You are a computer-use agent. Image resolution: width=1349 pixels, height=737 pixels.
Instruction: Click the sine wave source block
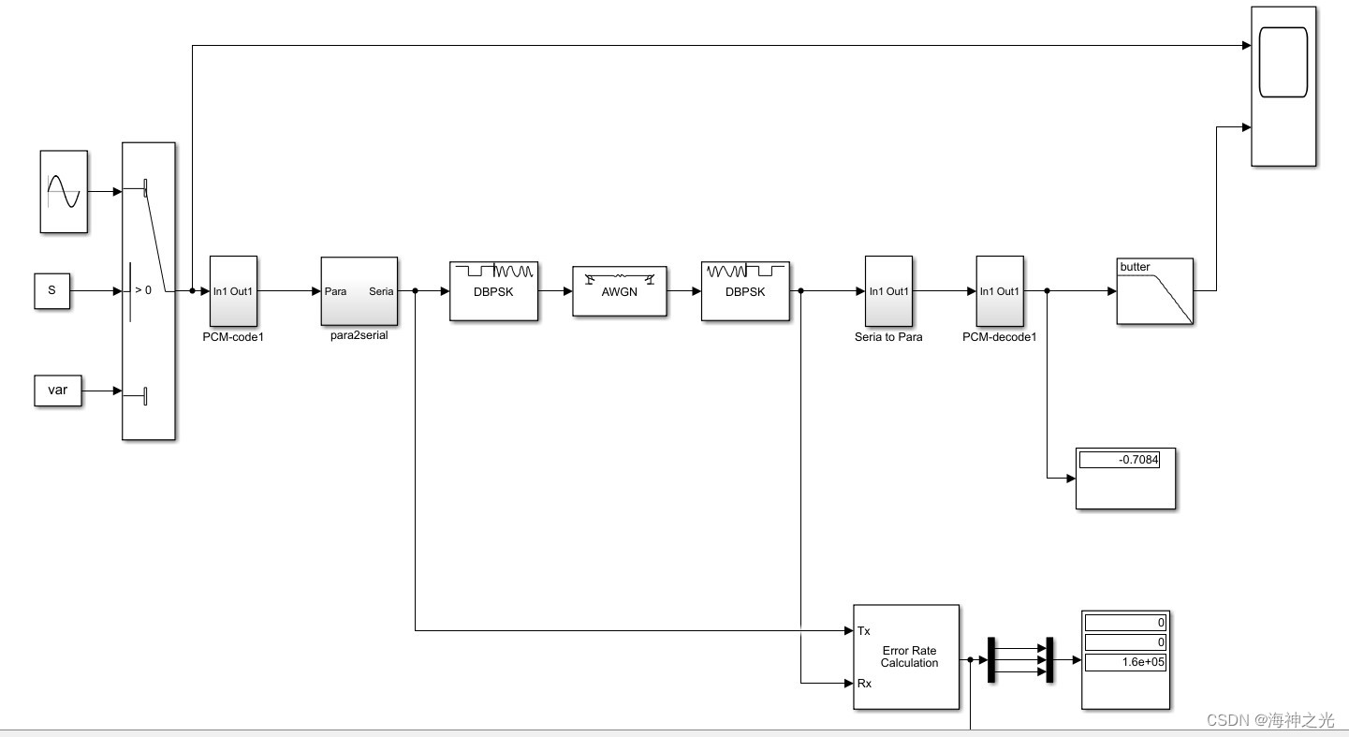(64, 191)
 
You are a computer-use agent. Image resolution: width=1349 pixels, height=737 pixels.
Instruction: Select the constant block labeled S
(52, 290)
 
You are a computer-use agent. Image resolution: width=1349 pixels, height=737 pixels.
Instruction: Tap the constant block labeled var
(58, 391)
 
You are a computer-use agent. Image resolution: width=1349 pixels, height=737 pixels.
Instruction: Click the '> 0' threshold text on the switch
(142, 290)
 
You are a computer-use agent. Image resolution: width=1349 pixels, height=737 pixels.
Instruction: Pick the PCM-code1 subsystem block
(233, 290)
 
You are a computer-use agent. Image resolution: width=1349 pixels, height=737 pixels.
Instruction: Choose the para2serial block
(359, 291)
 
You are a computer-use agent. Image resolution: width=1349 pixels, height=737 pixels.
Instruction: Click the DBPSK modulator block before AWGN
(493, 291)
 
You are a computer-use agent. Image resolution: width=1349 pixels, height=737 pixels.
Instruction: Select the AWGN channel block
(619, 291)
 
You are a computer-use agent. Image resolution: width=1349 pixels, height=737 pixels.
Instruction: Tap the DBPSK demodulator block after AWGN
(745, 291)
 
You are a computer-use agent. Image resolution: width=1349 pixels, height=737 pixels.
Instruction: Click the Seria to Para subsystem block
(888, 290)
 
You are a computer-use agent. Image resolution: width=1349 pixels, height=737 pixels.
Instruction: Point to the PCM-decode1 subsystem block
(1000, 290)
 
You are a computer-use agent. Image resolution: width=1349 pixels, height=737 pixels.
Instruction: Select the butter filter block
(1154, 291)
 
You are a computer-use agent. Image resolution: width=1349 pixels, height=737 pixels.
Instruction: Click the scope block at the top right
(1283, 86)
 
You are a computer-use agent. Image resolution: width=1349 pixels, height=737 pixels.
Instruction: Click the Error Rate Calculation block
(906, 656)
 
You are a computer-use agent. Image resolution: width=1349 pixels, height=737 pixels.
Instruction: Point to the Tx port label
(863, 631)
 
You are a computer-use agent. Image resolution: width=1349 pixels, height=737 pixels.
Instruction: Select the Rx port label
(863, 684)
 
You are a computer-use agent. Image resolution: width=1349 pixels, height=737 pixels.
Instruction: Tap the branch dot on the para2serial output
(415, 291)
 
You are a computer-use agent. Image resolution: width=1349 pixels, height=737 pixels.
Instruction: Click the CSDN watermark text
(1269, 719)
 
